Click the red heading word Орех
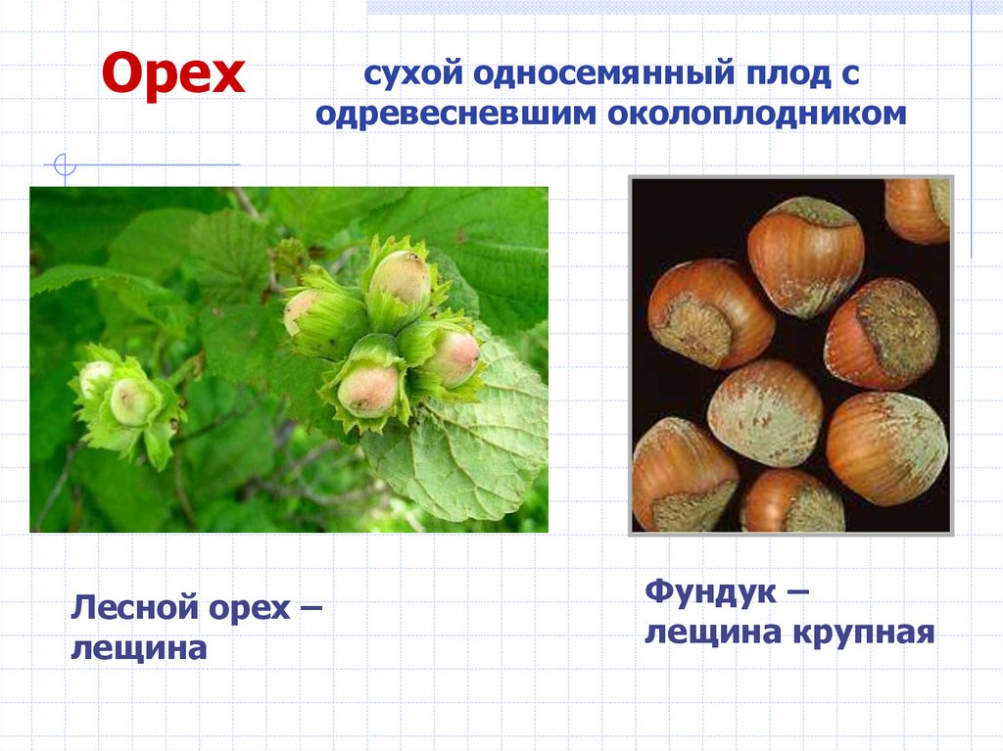174,73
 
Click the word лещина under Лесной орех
137,648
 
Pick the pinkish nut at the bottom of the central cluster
368,389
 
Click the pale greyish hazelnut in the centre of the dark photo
764,411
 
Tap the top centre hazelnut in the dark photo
805,255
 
